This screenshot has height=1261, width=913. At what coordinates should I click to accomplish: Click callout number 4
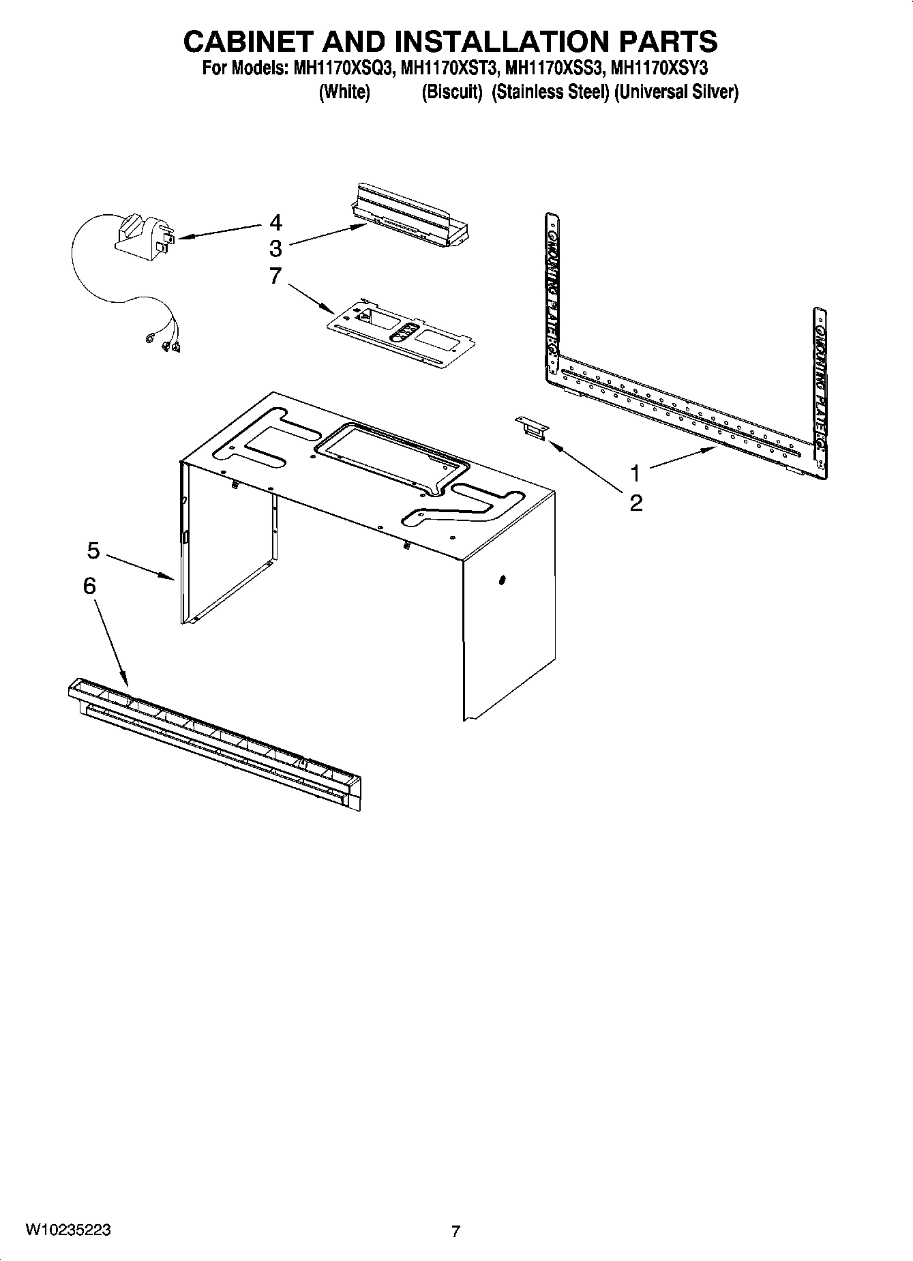click(x=275, y=223)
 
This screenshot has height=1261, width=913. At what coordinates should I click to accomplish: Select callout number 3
click(x=275, y=248)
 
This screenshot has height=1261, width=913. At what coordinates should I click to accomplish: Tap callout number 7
click(x=275, y=276)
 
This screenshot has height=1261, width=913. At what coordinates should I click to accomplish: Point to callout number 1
click(x=635, y=473)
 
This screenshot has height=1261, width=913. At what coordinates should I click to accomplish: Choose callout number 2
click(x=635, y=503)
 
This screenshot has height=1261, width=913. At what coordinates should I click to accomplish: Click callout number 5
click(x=93, y=550)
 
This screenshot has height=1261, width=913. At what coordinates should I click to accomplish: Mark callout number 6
click(x=89, y=586)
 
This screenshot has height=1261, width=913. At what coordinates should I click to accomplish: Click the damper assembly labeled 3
click(x=413, y=215)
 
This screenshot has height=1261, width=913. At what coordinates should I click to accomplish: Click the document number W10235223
click(x=68, y=1230)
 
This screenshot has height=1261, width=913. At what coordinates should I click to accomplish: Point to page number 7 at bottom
click(x=455, y=1231)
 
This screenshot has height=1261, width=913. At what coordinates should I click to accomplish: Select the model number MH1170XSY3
click(x=660, y=68)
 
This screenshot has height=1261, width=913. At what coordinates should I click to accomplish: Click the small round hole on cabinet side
click(x=503, y=580)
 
